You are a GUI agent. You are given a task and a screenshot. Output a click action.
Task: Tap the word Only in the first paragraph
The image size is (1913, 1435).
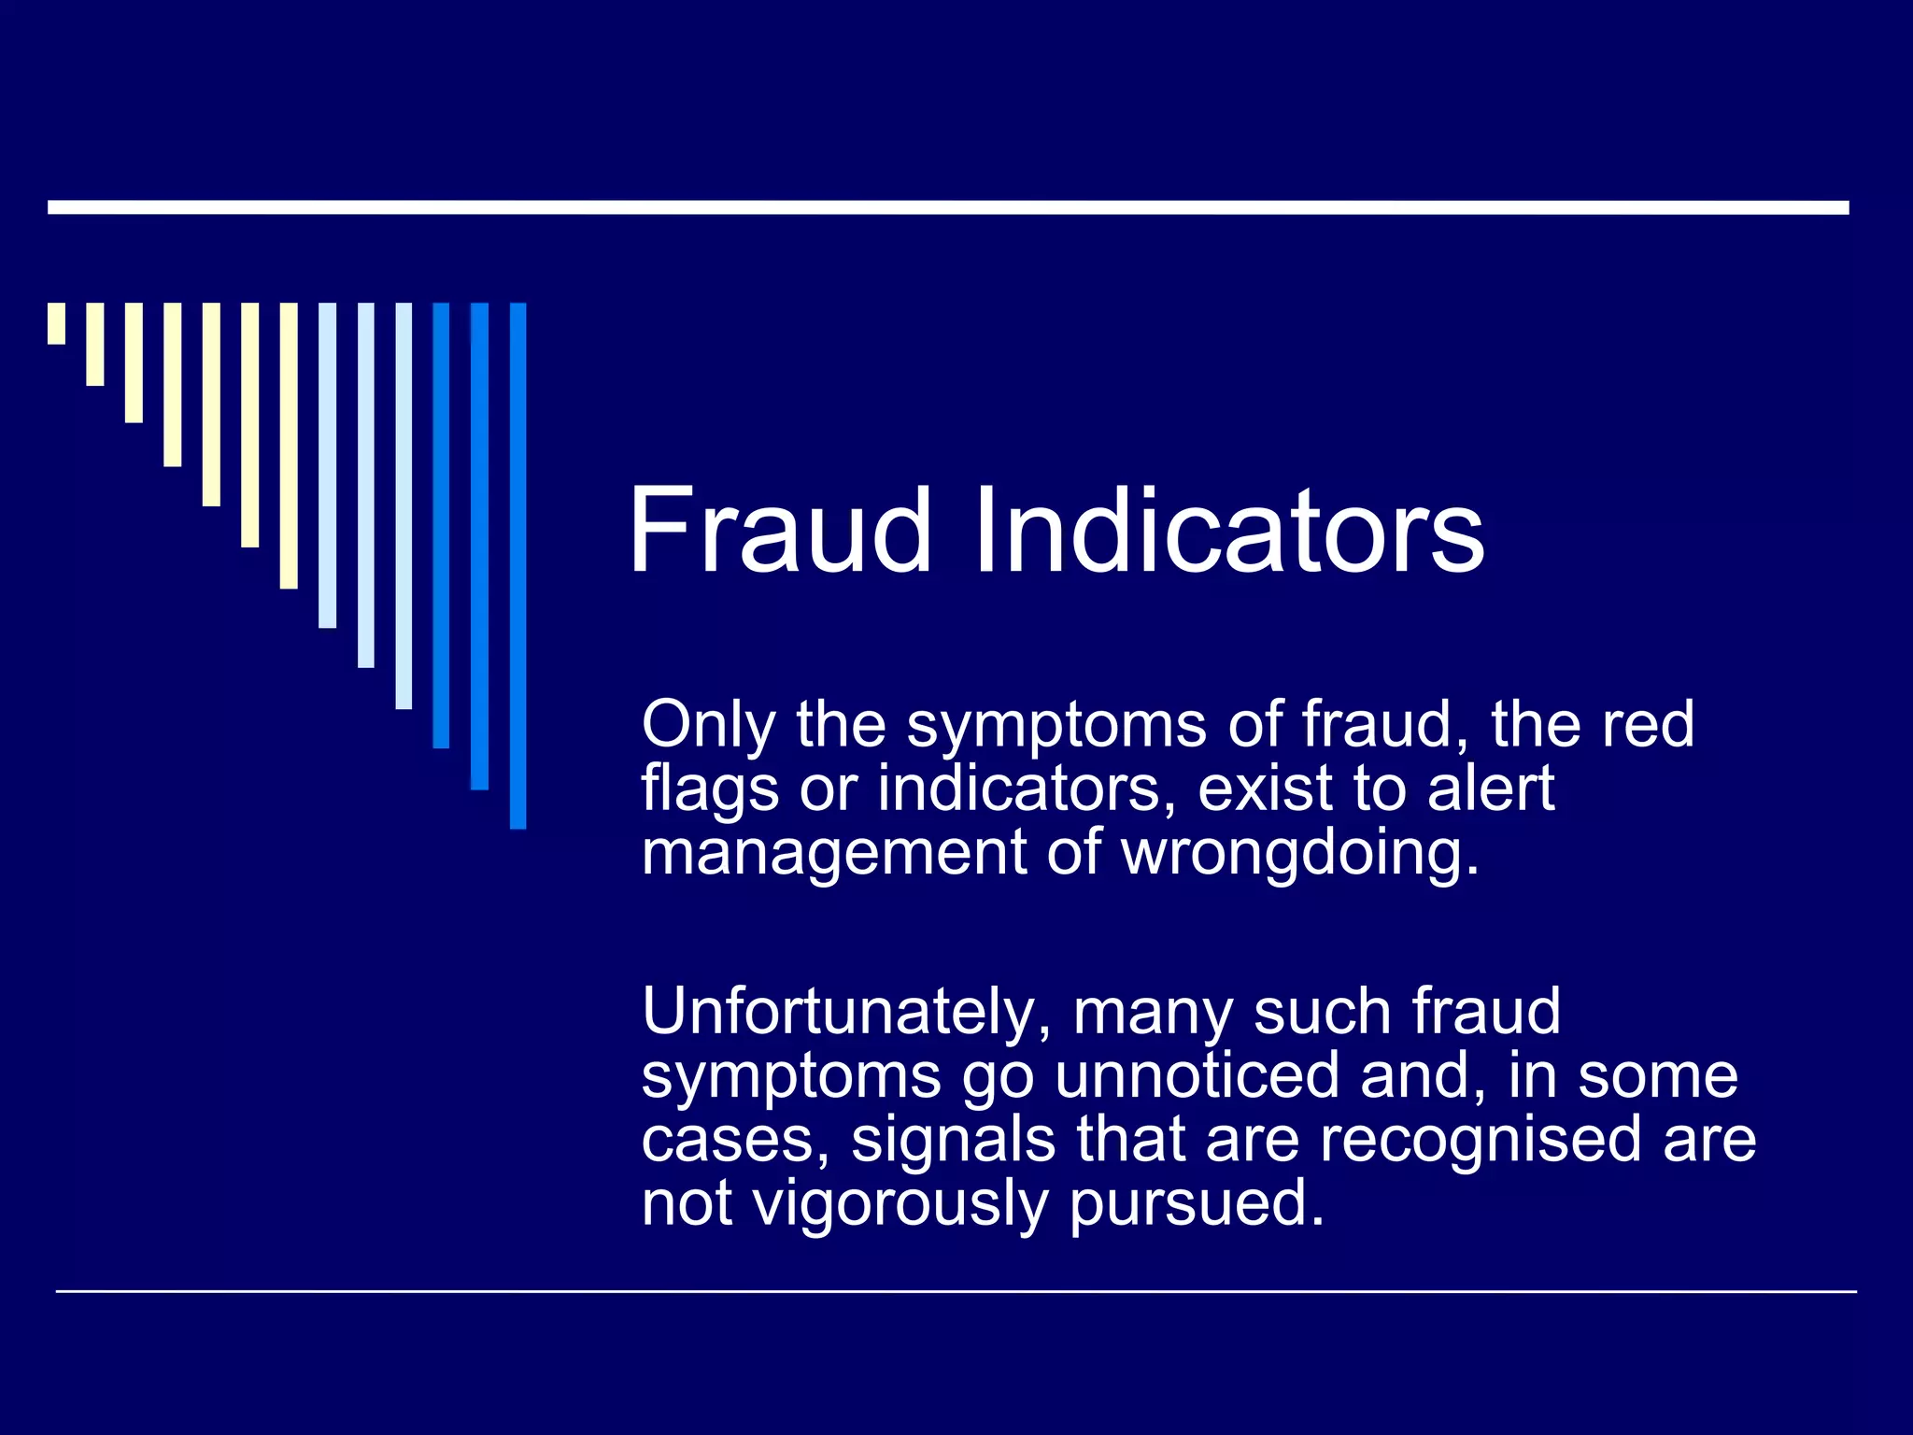click(708, 726)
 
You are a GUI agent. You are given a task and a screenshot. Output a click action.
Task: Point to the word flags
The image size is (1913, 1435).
click(710, 789)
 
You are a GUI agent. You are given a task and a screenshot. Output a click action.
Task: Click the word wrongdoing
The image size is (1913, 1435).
click(1300, 853)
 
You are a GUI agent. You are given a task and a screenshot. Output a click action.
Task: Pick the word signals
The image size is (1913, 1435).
click(953, 1140)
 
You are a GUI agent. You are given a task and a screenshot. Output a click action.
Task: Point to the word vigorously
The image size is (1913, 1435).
click(900, 1204)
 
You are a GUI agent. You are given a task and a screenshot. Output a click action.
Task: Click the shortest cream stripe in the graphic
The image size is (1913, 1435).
click(57, 323)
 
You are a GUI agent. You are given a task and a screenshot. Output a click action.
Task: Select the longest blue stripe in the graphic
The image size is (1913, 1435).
click(517, 565)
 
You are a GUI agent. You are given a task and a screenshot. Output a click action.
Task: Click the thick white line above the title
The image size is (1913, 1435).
click(947, 207)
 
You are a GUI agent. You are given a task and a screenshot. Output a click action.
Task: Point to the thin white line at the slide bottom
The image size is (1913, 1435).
click(955, 1292)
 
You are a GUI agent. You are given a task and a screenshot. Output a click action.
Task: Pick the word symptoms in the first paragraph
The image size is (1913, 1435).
click(1056, 726)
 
